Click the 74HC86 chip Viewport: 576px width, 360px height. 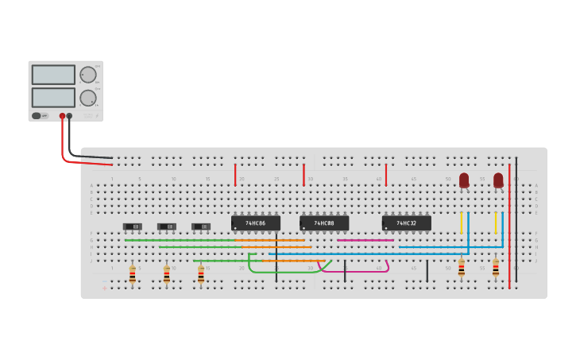pos(255,223)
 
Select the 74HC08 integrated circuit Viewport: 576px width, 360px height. pos(324,223)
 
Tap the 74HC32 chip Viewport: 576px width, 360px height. pos(406,223)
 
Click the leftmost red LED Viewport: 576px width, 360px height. pos(464,180)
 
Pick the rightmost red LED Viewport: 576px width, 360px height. pos(498,180)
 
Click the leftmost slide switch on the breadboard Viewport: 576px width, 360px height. pos(133,226)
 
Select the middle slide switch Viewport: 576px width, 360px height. pos(167,226)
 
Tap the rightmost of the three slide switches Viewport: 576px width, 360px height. pos(201,226)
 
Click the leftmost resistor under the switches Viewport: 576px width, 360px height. pos(133,274)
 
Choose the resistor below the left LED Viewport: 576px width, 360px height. pos(461,267)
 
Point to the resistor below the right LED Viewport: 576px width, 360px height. pos(495,267)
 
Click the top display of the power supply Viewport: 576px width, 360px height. pos(53,75)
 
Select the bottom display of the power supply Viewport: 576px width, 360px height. pos(53,98)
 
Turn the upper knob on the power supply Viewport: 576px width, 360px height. pos(87,75)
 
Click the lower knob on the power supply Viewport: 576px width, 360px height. pos(87,98)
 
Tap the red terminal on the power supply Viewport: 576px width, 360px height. pos(62,116)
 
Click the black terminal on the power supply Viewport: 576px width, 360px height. pos(69,116)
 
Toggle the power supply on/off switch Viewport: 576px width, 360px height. pos(37,116)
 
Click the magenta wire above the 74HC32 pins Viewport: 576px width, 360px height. pos(365,240)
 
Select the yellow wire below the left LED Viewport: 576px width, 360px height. pos(461,223)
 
